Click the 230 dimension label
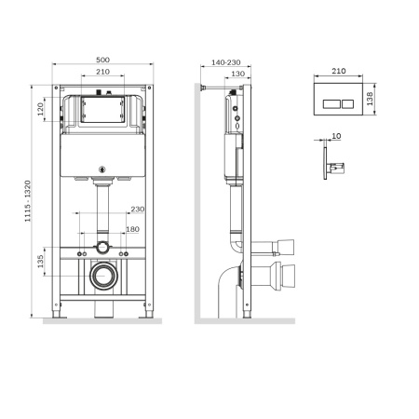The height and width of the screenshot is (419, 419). (137, 209)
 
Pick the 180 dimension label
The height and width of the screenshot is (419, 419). (133, 230)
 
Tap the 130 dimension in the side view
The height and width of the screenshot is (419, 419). (237, 74)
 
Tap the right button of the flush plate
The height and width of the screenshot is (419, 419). (345, 101)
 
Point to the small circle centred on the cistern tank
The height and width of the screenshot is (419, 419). (101, 169)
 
